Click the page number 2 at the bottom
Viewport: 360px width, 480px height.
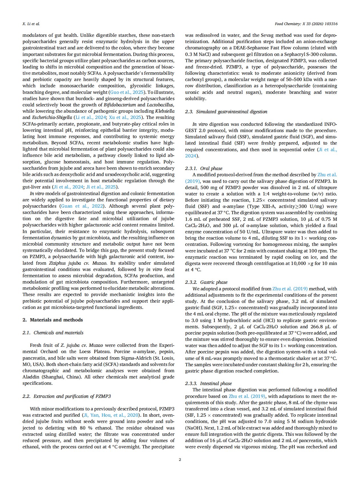[x=180, y=459]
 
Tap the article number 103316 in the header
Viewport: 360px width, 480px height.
[x=331, y=24]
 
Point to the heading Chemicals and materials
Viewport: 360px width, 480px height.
[x=58, y=333]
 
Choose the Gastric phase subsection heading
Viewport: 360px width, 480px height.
[x=214, y=282]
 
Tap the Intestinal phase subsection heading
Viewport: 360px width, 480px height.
[x=216, y=383]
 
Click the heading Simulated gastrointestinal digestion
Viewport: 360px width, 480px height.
[x=231, y=112]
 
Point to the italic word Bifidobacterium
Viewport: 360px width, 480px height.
[x=120, y=105]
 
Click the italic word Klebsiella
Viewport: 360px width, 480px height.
[x=165, y=111]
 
